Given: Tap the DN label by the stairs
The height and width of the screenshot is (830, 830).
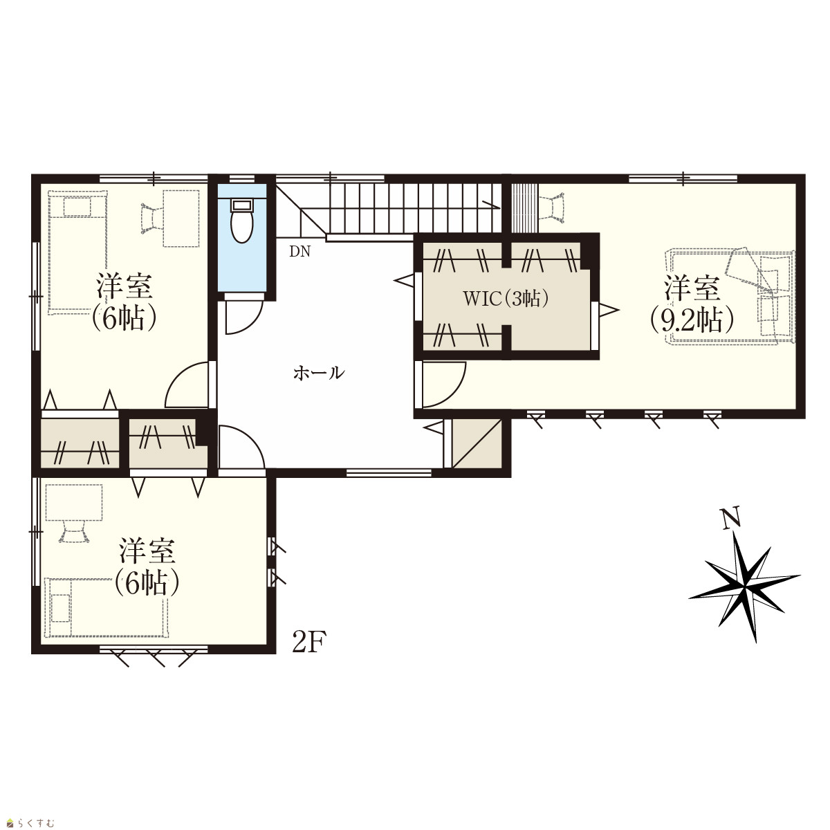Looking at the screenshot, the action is coord(299,252).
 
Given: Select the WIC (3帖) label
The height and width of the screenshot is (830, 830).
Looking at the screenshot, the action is coord(506,298).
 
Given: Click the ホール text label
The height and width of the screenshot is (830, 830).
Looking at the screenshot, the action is coord(319,373).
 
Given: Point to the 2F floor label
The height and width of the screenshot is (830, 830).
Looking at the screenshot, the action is coord(309,642).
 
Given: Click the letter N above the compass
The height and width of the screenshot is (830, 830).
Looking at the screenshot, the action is coord(731,517).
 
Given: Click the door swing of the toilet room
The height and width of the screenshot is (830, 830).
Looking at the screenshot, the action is coord(244,317).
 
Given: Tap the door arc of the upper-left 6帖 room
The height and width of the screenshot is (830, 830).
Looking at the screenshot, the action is coord(187,385).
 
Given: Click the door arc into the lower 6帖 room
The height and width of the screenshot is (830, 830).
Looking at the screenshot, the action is coord(241,447).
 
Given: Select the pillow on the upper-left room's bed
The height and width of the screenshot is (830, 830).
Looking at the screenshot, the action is coord(77,207).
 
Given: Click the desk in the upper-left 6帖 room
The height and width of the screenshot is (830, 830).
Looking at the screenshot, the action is coord(181,219).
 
